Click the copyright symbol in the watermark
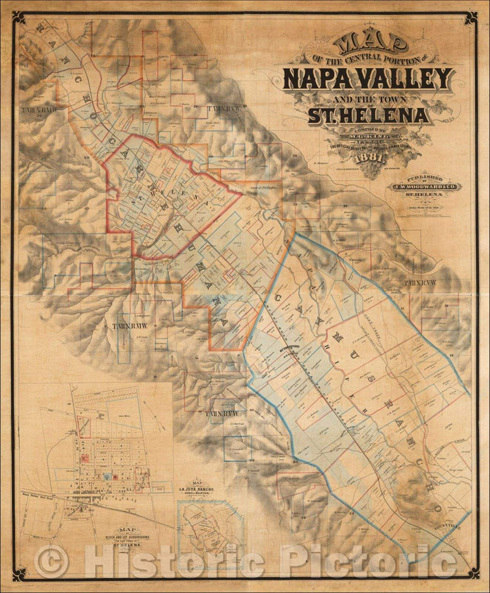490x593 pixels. click(x=51, y=561)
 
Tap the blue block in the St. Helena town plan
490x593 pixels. click(x=108, y=475)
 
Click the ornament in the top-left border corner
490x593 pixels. click(x=21, y=18)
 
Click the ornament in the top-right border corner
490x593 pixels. click(x=469, y=18)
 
